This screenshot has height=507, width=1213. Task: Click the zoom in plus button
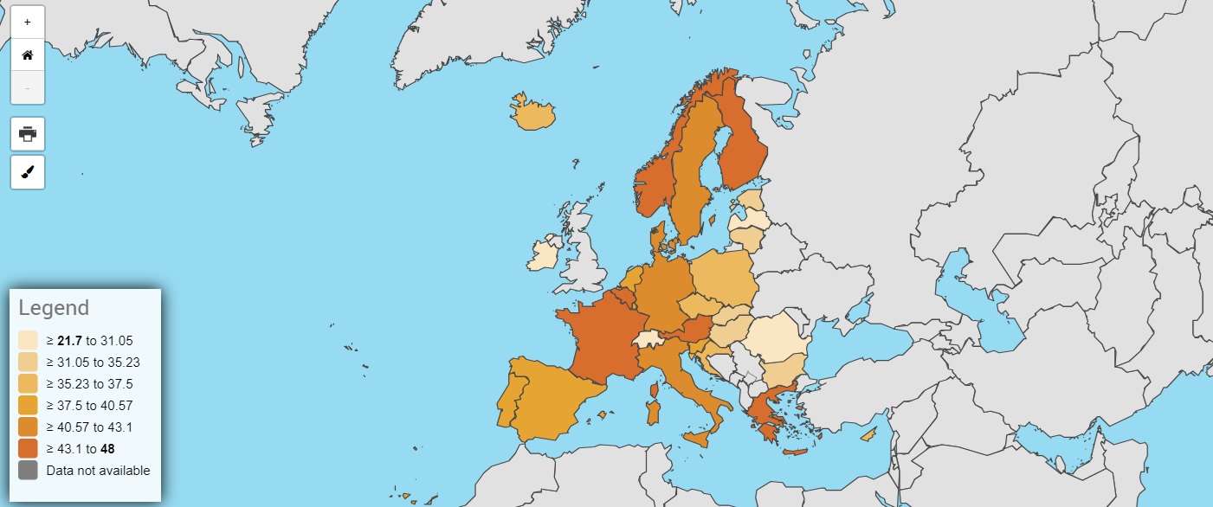(27, 22)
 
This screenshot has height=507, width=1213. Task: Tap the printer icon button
(27, 134)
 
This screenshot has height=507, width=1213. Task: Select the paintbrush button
(27, 172)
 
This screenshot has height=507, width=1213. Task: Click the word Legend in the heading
(54, 308)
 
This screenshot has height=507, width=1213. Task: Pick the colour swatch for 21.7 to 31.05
(28, 340)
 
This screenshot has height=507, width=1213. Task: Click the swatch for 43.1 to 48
(28, 448)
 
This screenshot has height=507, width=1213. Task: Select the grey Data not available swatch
(28, 470)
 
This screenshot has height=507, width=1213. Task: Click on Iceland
(532, 114)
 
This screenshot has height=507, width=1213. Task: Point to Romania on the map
(776, 337)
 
